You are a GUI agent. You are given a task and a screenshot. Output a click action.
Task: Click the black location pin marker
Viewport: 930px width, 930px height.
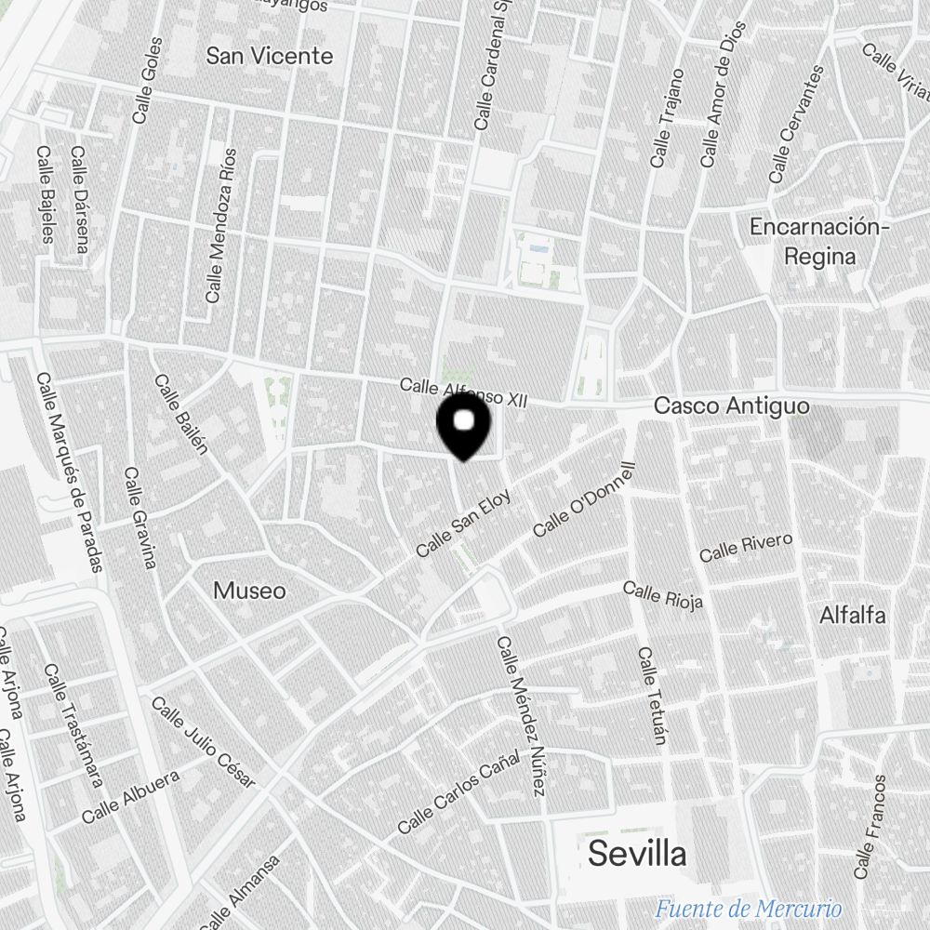pos(463,425)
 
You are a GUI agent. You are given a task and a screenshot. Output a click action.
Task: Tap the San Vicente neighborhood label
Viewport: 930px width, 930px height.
pos(269,56)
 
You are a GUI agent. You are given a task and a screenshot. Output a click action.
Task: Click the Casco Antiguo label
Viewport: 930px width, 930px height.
pos(731,406)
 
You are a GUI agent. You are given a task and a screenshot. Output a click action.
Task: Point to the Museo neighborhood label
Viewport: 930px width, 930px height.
pos(249,591)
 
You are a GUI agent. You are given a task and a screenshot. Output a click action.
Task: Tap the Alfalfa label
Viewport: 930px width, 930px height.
pos(852,615)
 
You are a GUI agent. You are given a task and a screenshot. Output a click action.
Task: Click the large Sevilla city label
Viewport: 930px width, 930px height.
pos(638,853)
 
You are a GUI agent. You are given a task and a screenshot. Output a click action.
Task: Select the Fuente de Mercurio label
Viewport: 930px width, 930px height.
pos(748,909)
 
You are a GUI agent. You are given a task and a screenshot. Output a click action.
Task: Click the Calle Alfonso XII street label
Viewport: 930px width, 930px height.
pos(463,392)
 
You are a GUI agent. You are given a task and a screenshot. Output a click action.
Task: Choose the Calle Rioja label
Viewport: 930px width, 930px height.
pos(662,594)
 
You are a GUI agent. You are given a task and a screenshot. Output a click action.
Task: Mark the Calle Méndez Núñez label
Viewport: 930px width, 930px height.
pos(521,716)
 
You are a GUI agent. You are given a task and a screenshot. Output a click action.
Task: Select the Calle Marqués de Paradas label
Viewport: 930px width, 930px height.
pos(69,472)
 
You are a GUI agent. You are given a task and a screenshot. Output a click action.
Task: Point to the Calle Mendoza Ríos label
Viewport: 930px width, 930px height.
pos(221,225)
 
